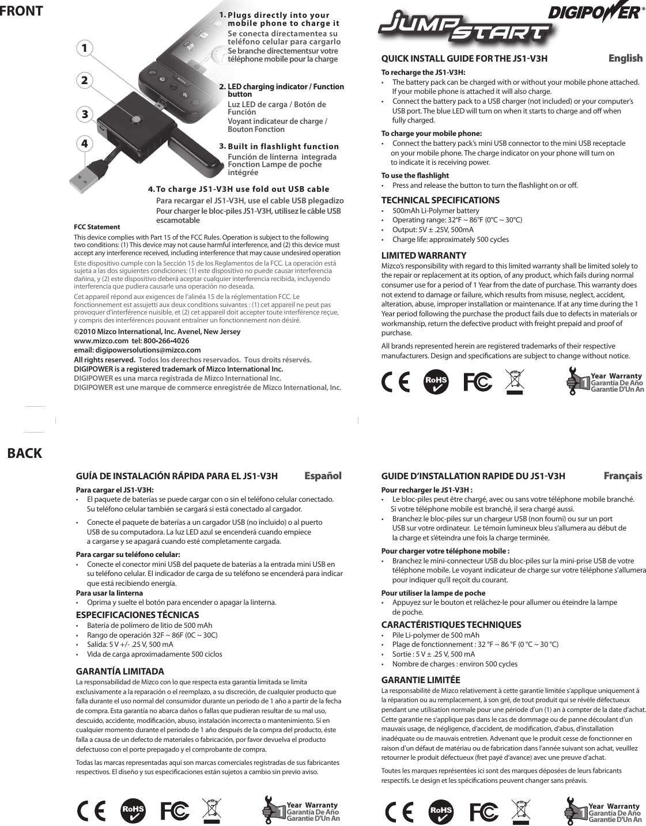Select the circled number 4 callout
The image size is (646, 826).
point(85,142)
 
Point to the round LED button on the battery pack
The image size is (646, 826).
point(136,120)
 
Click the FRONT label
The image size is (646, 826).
point(21,11)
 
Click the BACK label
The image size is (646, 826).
point(25,453)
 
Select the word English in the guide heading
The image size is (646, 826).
point(625,58)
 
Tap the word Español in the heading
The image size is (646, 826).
point(323,476)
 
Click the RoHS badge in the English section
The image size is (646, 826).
point(436,383)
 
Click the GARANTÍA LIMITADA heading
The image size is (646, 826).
point(120,672)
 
